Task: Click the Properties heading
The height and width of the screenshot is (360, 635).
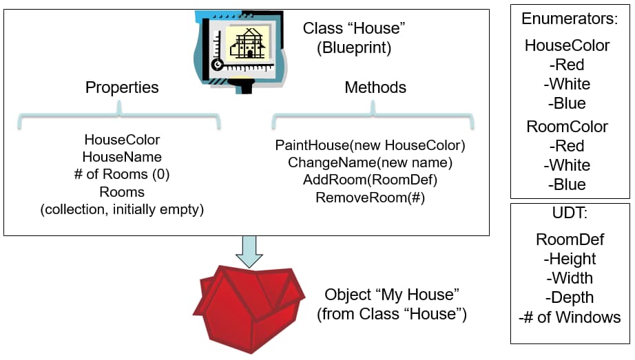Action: [x=122, y=87]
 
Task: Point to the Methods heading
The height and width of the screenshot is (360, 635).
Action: [x=375, y=87]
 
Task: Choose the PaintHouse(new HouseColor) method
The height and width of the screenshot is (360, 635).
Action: [x=371, y=145]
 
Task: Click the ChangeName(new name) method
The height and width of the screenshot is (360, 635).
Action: [x=370, y=163]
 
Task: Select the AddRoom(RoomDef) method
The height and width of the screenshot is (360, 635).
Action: [x=370, y=180]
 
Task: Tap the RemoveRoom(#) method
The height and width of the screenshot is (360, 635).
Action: [x=370, y=198]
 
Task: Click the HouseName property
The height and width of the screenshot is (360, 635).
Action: [x=122, y=157]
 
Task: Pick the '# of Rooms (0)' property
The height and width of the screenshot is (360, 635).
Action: [x=122, y=174]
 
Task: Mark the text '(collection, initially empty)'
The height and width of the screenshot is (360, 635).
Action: [x=122, y=209]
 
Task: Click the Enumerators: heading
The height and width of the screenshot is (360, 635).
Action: [x=570, y=19]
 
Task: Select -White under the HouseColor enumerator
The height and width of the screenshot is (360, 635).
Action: [x=567, y=84]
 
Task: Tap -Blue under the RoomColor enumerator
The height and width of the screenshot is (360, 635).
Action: [x=567, y=184]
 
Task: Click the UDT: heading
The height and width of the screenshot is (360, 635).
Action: [x=570, y=213]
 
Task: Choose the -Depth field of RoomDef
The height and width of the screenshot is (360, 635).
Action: [x=570, y=297]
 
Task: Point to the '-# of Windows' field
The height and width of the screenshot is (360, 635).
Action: [x=570, y=317]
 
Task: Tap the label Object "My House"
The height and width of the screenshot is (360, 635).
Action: [x=392, y=295]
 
